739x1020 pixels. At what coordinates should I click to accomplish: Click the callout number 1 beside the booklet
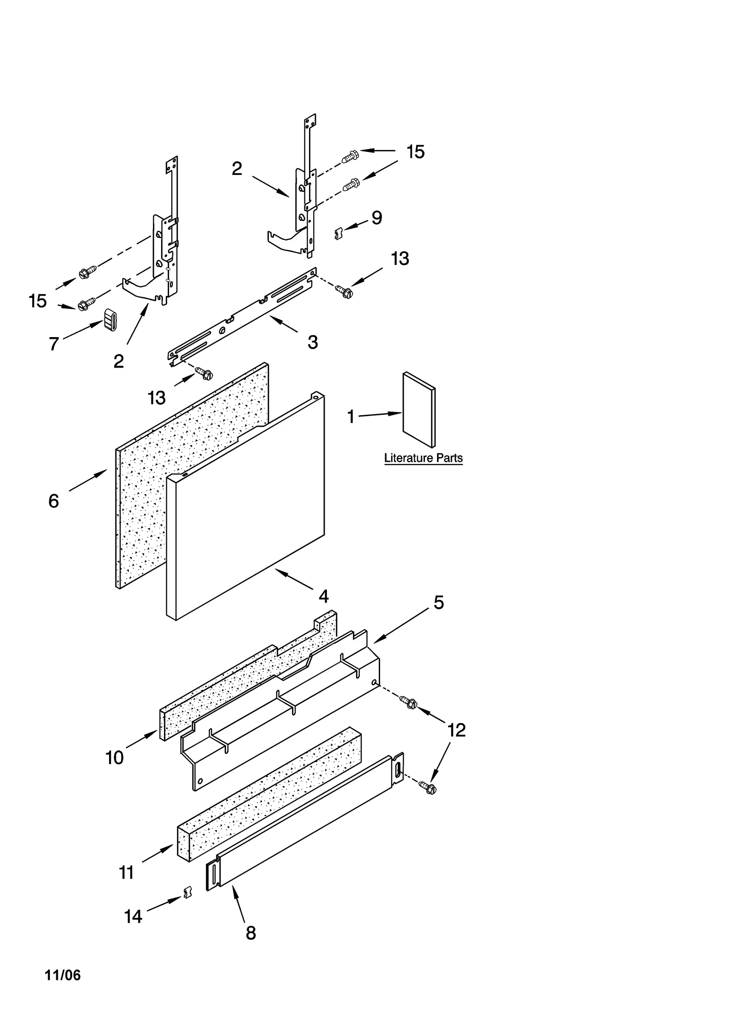351,417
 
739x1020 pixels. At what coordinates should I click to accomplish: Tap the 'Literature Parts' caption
423,458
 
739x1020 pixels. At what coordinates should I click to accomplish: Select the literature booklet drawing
418,410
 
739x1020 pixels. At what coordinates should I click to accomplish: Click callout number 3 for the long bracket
313,342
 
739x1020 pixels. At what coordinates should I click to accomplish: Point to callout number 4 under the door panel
323,597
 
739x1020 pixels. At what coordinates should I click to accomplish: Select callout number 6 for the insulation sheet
54,501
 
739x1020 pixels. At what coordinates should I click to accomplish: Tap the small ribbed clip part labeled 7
110,320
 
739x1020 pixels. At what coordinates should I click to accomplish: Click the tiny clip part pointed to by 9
338,233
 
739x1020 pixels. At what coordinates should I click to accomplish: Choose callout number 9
376,217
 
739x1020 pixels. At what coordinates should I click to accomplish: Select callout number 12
456,730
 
